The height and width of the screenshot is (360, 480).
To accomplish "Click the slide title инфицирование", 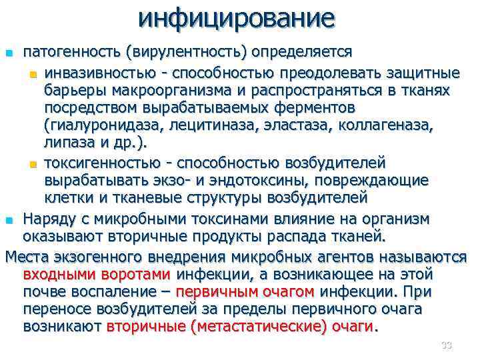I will click(x=236, y=18).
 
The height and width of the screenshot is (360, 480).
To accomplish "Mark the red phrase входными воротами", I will click(x=97, y=273).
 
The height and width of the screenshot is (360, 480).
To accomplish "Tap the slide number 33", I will click(x=446, y=345).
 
